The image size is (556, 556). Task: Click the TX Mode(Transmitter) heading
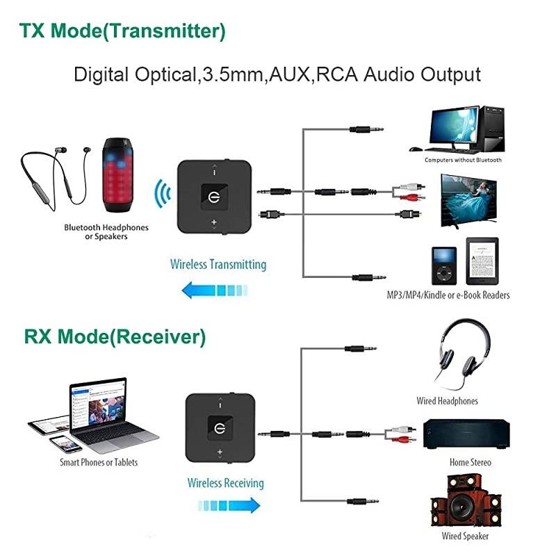tap(122, 31)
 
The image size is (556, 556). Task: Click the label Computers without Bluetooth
tap(463, 160)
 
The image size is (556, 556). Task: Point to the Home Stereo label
tap(471, 462)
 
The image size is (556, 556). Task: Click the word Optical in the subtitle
tap(161, 74)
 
